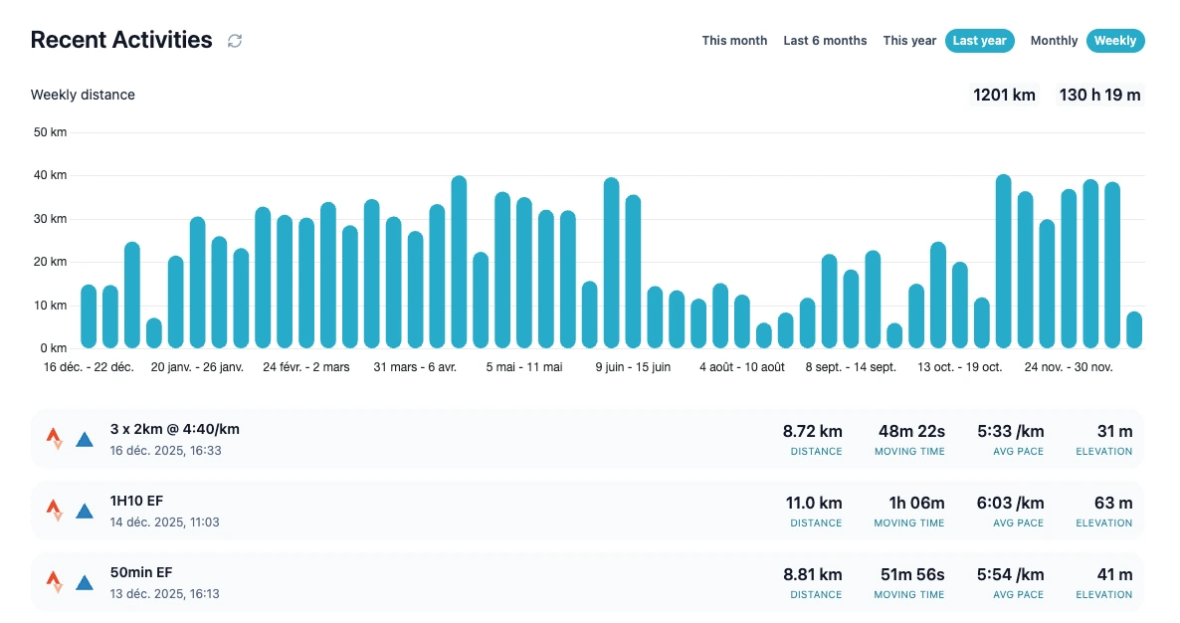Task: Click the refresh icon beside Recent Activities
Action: point(235,41)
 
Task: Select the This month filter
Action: point(734,41)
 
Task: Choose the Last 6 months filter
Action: point(825,41)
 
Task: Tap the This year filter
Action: point(909,41)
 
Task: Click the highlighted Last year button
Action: point(979,41)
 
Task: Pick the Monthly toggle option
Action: point(1054,41)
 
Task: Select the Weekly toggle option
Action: point(1115,41)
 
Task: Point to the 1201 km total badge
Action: point(1004,96)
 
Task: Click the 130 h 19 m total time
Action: point(1099,96)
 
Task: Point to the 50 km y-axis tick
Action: point(50,132)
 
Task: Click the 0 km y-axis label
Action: point(53,348)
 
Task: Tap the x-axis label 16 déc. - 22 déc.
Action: point(89,367)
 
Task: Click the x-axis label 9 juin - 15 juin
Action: point(633,367)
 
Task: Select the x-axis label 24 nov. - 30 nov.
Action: point(1069,367)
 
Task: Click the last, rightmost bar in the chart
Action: point(1134,330)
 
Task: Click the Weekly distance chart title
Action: point(83,96)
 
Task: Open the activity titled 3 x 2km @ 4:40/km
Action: point(175,430)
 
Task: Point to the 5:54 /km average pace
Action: point(1011,575)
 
